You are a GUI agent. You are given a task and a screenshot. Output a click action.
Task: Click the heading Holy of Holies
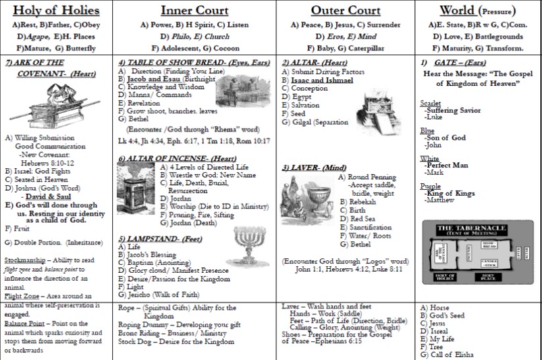tap(56, 10)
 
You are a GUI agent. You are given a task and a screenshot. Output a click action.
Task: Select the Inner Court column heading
tap(194, 10)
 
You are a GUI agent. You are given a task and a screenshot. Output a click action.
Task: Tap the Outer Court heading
tap(346, 10)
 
